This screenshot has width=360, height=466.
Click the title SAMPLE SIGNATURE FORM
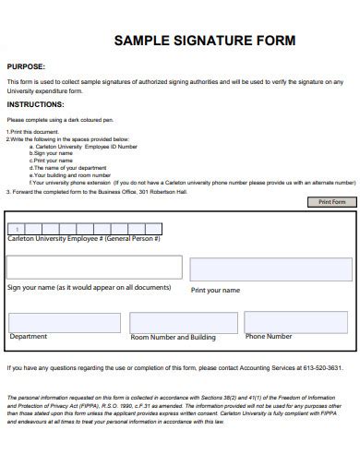tap(204, 42)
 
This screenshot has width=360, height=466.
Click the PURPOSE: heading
tap(26, 67)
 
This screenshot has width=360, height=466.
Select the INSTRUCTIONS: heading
tap(35, 104)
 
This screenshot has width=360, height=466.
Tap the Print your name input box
tap(270, 269)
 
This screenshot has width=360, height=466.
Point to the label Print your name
tap(215, 290)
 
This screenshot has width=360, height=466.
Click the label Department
tap(29, 337)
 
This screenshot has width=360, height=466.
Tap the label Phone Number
tap(269, 337)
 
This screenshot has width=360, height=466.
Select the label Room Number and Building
tap(174, 338)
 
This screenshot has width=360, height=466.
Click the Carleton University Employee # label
tap(84, 238)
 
